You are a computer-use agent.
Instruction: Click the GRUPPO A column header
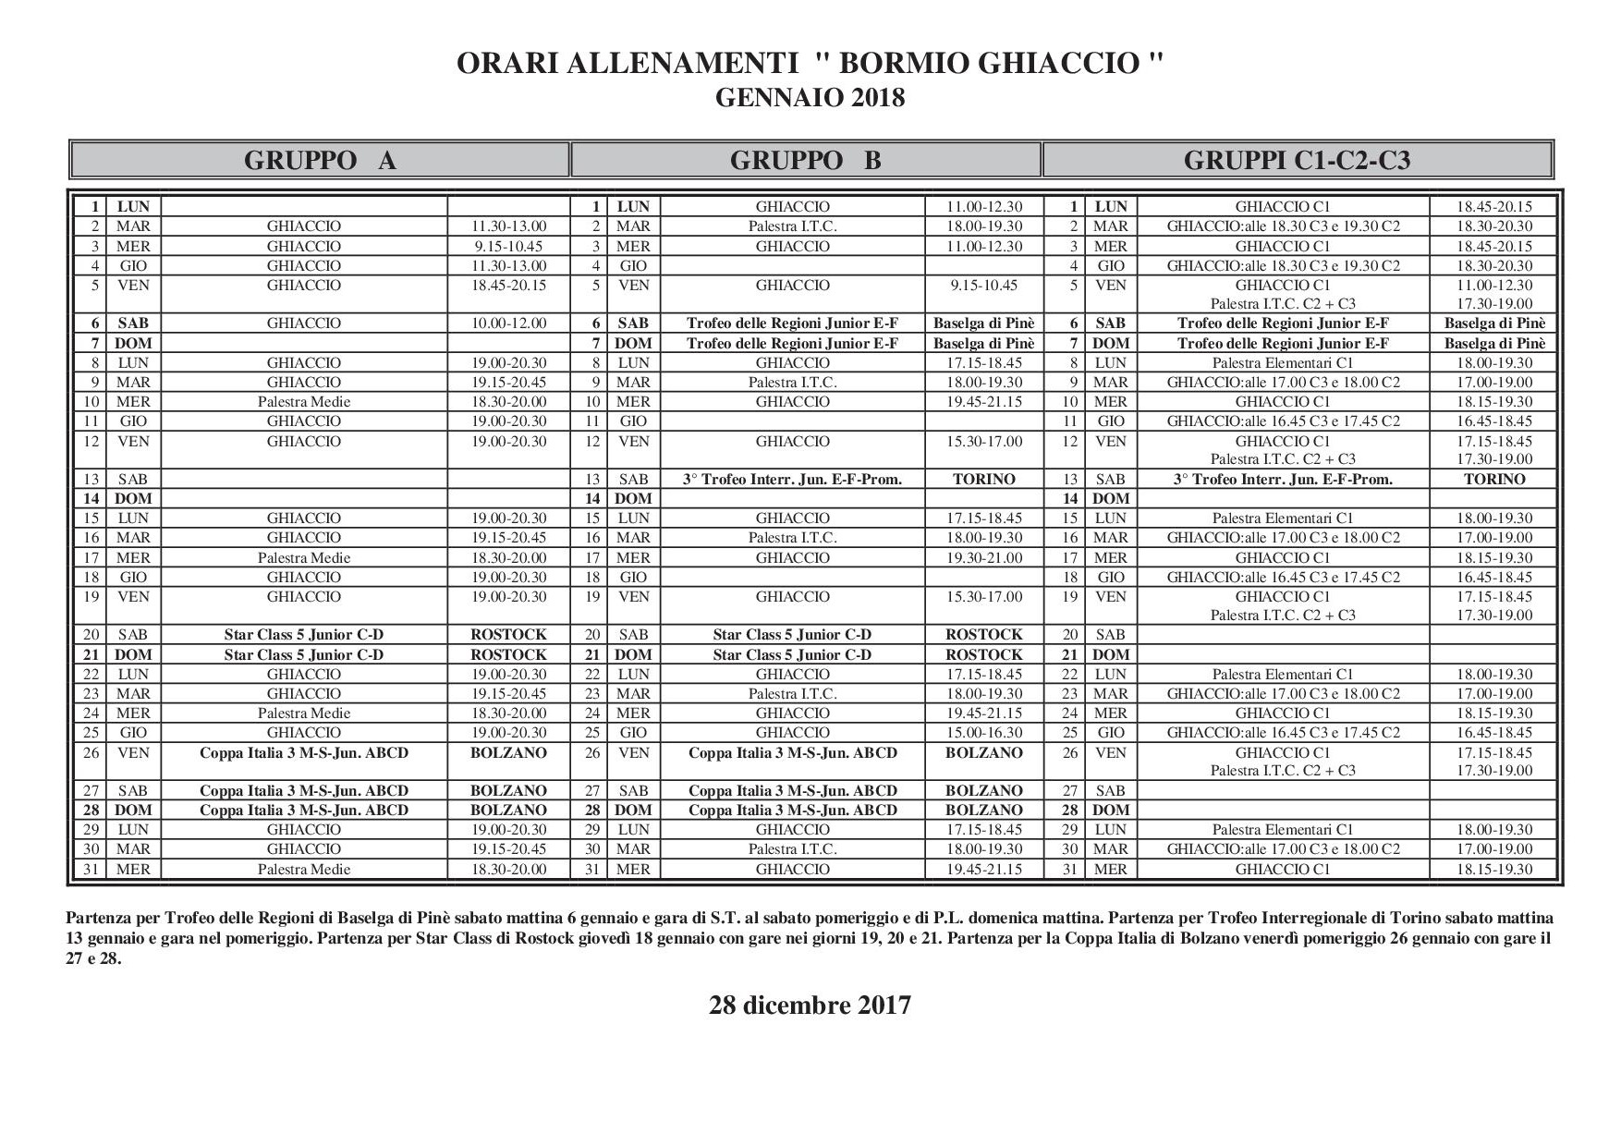click(x=320, y=161)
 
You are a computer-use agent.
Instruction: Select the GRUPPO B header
click(x=805, y=161)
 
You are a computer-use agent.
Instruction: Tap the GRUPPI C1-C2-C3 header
click(x=1297, y=161)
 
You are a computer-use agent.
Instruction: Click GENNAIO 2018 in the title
click(x=810, y=97)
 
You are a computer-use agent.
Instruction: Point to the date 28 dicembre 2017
click(x=810, y=1006)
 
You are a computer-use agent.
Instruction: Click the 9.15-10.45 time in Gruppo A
click(x=508, y=247)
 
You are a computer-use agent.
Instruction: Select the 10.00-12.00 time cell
click(x=508, y=323)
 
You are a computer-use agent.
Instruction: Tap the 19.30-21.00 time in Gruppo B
click(x=983, y=558)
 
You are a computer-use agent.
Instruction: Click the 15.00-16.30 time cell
click(x=983, y=733)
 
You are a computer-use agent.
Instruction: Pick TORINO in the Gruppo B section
click(x=983, y=480)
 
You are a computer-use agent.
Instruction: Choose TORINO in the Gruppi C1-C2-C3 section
click(x=1494, y=480)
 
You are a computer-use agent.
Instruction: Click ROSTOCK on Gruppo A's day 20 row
click(x=508, y=635)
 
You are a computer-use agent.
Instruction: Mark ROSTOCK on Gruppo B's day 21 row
click(x=983, y=655)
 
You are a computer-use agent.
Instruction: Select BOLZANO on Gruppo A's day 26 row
click(x=508, y=753)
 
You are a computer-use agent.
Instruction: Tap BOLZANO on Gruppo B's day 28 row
click(x=983, y=811)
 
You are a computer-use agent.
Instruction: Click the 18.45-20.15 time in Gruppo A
click(x=508, y=286)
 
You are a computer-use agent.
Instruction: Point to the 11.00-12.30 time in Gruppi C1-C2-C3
click(x=1494, y=286)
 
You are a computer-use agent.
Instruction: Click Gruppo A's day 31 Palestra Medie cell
click(x=304, y=870)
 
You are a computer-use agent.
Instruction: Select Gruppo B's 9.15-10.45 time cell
click(x=983, y=286)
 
